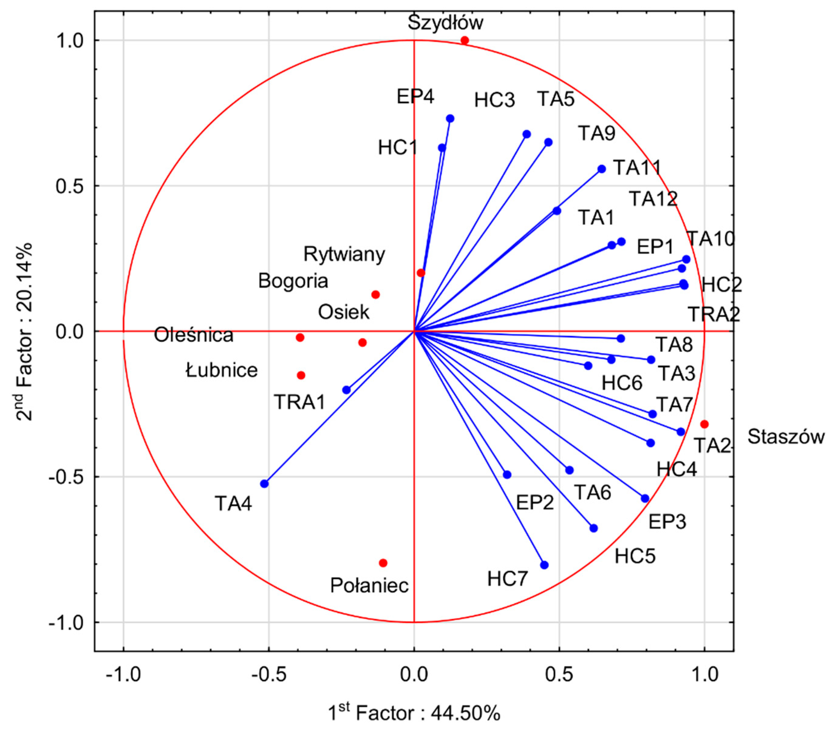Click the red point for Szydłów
[x=465, y=40]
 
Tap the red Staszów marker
[x=704, y=424]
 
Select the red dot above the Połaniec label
[x=383, y=563]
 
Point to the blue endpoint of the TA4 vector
[x=264, y=484]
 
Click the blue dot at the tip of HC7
[x=544, y=565]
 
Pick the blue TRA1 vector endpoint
[x=346, y=390]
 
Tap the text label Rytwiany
[x=344, y=255]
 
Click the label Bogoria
[x=293, y=281]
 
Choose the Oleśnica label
[x=194, y=336]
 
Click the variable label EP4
[x=416, y=97]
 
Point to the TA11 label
[x=637, y=167]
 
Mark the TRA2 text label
[x=714, y=315]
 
